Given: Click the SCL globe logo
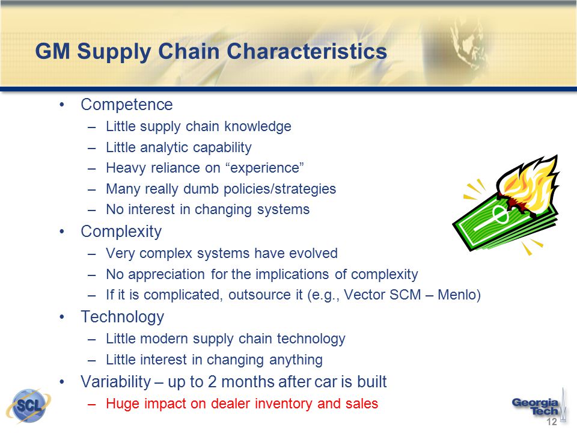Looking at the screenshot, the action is [x=29, y=406].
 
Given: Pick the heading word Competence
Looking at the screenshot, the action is [x=127, y=105].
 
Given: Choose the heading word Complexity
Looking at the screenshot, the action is [x=121, y=232].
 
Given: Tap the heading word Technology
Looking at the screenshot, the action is [x=122, y=317].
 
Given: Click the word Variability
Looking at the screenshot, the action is [x=115, y=382].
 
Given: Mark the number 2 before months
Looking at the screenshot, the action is [x=212, y=382].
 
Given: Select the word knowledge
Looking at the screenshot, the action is [x=258, y=126].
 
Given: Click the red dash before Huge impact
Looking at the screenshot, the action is [x=92, y=404].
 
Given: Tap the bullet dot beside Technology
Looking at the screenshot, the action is [x=62, y=318].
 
